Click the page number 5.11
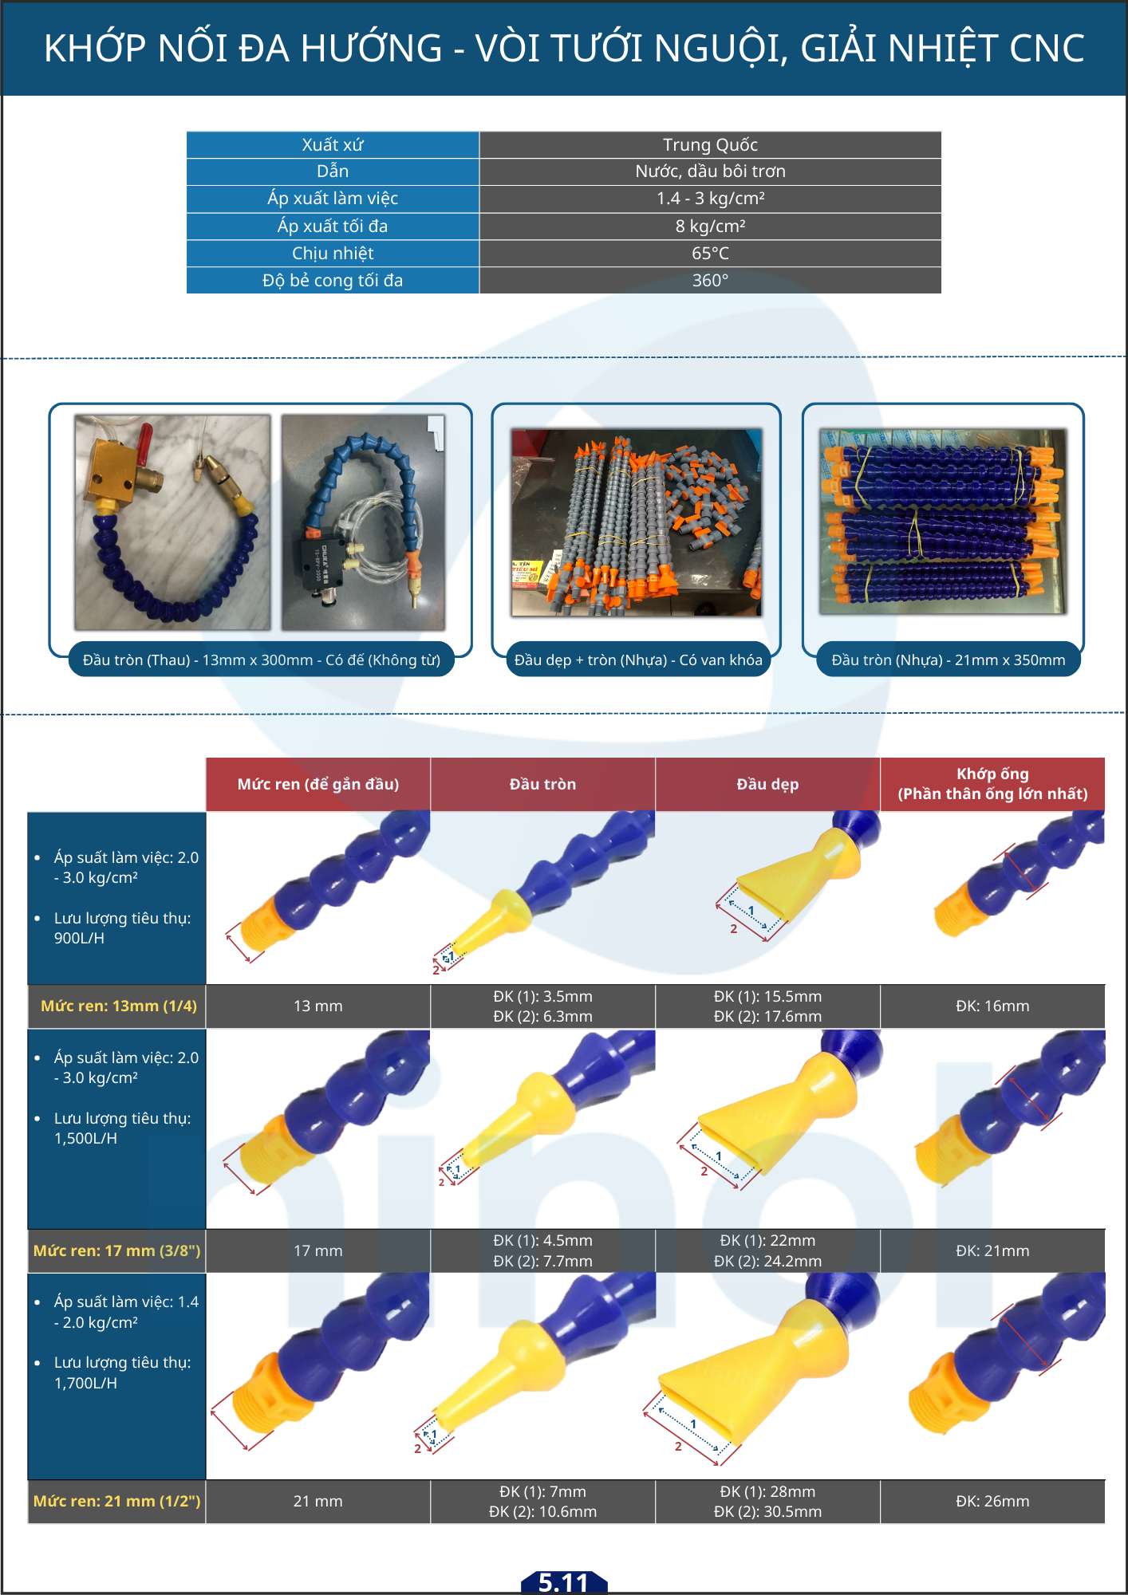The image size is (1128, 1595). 563,1582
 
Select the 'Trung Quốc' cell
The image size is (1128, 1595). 710,144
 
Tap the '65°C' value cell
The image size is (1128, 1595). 710,254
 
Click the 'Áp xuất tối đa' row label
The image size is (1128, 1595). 333,226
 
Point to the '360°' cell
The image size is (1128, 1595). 710,281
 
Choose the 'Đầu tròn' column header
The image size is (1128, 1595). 542,784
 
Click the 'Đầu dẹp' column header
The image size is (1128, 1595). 767,784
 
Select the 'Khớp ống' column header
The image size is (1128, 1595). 992,784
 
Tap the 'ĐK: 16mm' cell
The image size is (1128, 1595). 992,1006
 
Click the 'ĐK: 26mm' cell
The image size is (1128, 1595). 992,1502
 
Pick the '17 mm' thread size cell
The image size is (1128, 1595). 317,1250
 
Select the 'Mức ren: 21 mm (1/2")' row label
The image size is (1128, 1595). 116,1502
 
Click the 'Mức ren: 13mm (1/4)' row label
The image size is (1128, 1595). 118,1006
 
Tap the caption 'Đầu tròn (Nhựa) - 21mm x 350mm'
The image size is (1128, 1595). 949,660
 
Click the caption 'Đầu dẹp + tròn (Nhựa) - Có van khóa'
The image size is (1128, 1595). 638,660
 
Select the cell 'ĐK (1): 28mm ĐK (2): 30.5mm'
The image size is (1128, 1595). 767,1502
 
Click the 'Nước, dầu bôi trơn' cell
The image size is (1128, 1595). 710,171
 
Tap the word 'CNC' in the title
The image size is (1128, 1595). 1046,49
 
